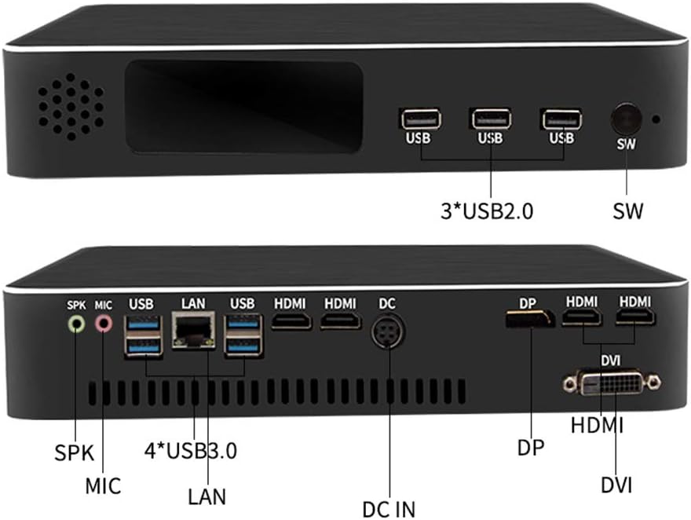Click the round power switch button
pos(626,119)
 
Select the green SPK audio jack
pos(76,322)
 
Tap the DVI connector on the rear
pos(612,383)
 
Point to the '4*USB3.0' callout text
pos(191,452)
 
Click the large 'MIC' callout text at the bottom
pos(103,485)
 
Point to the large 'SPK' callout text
pos(74,453)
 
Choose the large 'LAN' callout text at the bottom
pos(207,496)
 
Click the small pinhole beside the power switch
pos(656,121)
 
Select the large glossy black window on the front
pos(243,108)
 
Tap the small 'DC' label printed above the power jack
pos(387,302)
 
